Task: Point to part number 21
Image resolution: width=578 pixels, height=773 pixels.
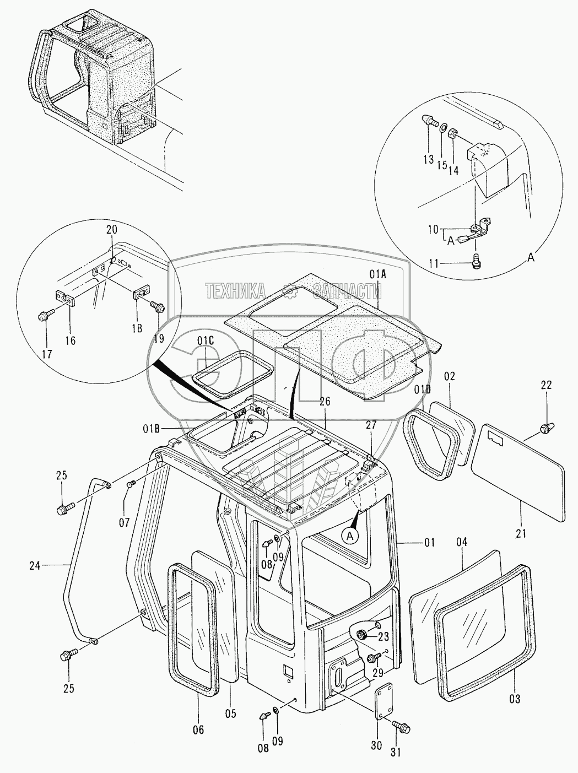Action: tap(521, 533)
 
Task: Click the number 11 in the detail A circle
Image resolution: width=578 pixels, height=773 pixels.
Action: tap(435, 264)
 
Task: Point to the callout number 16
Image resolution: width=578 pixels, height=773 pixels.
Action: tap(70, 340)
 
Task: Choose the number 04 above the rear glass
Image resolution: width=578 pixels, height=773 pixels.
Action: tap(462, 543)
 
